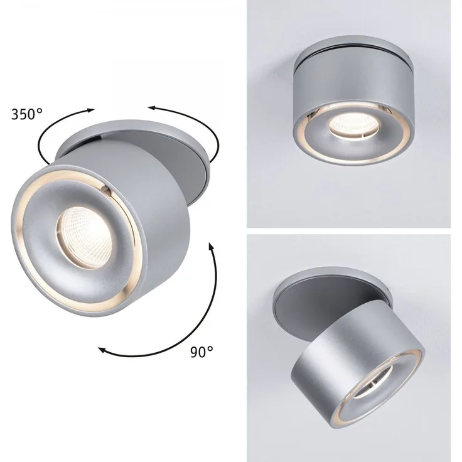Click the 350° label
[27, 114]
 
